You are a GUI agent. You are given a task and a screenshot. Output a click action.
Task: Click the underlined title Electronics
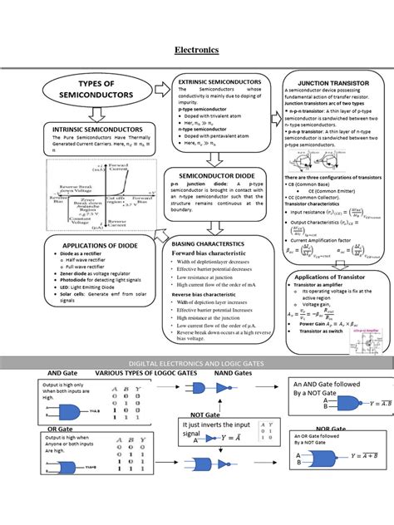(196, 50)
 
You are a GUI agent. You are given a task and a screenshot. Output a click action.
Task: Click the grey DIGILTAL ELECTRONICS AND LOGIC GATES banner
(196, 364)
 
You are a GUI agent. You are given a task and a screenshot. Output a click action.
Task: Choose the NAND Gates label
(234, 375)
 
